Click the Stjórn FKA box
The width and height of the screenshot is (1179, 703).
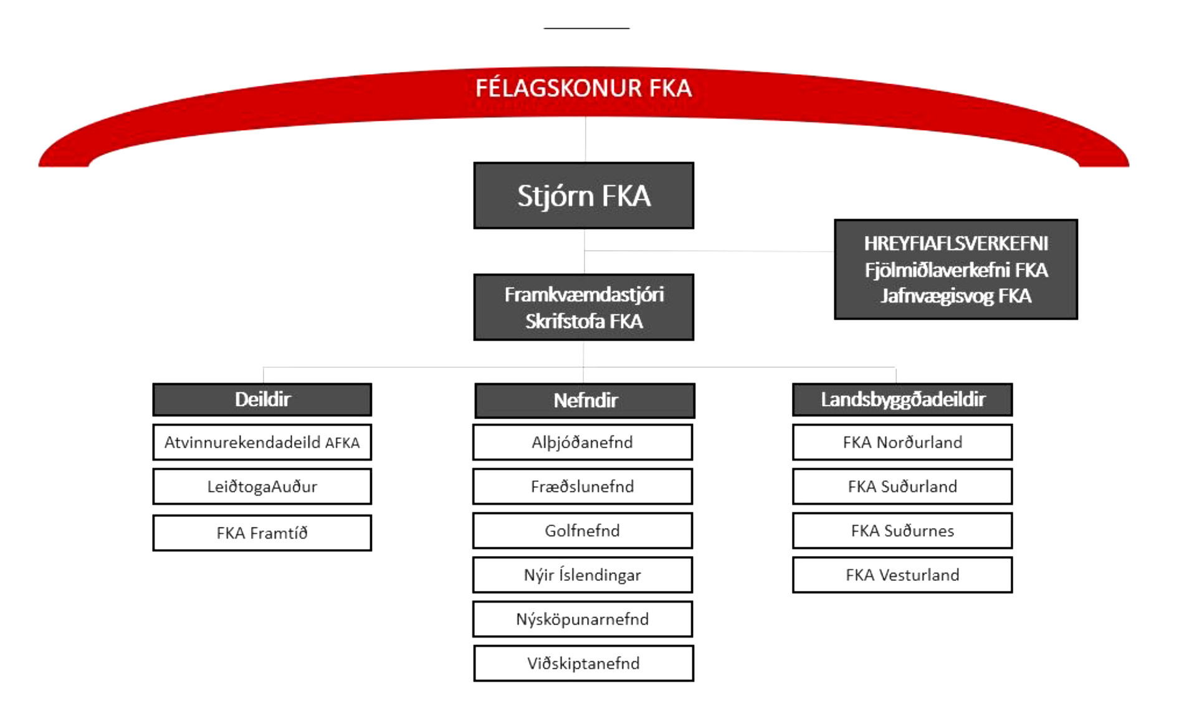point(583,196)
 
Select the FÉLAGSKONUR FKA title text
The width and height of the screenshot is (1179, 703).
point(583,88)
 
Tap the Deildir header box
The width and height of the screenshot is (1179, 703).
point(262,399)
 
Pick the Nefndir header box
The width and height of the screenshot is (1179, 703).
point(585,400)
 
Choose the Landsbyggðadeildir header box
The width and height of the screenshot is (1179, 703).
point(902,399)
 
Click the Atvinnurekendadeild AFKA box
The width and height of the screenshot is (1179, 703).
point(262,442)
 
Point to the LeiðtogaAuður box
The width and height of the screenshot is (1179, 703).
point(262,486)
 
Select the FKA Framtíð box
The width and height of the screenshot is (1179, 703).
point(262,533)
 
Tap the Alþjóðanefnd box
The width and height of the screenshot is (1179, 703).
point(583,442)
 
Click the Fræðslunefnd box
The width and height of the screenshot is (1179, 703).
point(583,486)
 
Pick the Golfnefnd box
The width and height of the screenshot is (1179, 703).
point(583,531)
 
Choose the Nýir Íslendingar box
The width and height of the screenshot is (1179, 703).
point(583,575)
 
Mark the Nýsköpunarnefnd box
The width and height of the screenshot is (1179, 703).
point(583,619)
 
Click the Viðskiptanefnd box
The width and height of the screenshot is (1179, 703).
point(583,663)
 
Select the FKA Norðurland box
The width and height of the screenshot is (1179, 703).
point(902,442)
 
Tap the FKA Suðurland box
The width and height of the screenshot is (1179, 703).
point(902,486)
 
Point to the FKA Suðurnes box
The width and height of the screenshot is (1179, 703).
point(902,531)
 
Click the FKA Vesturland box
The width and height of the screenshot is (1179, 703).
point(902,575)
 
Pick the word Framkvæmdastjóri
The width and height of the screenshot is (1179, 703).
point(584,295)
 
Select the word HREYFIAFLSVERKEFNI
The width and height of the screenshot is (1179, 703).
point(956,243)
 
